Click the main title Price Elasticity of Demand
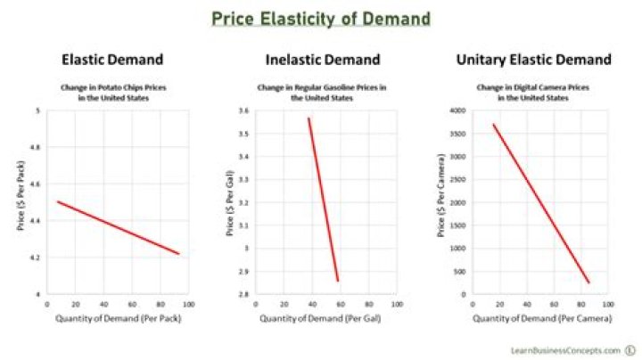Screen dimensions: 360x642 320,18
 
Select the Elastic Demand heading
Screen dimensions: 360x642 112,61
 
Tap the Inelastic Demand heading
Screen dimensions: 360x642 323,61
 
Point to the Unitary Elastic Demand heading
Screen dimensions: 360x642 533,61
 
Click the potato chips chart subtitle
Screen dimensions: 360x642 112,92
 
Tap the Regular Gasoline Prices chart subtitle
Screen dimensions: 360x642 323,92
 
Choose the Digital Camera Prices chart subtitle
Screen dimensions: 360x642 533,92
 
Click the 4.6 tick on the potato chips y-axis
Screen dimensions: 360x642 36,184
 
